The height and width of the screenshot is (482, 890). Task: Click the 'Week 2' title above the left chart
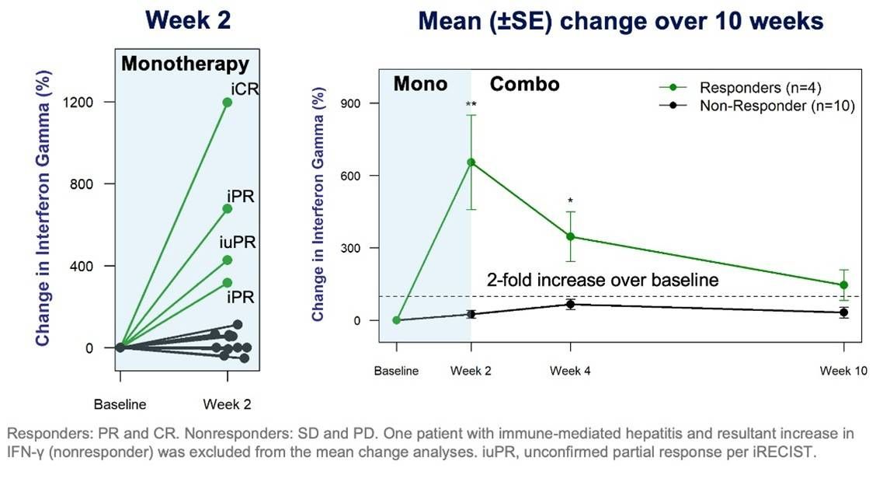point(188,20)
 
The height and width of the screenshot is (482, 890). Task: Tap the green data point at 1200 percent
point(227,102)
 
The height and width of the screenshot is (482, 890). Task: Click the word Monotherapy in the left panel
point(184,64)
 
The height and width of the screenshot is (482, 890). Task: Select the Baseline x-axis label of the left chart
point(120,404)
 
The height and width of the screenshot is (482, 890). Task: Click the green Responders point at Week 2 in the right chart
point(471,162)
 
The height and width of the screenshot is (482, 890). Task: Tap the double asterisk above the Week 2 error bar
point(471,104)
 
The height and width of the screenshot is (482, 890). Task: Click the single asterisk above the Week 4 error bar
point(571,201)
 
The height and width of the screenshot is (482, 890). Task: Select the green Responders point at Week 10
point(843,285)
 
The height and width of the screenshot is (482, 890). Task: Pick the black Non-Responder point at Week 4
point(571,304)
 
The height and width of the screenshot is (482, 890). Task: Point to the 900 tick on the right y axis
point(359,103)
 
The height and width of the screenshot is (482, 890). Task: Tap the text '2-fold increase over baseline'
point(602,280)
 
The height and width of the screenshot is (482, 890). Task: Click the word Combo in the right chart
point(524,84)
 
